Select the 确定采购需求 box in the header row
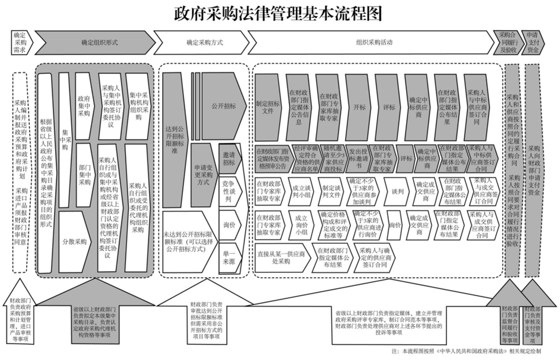(x=20, y=43)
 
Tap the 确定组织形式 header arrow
(x=95, y=43)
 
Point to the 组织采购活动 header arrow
(x=373, y=43)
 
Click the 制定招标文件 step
(x=269, y=106)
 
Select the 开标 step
(x=359, y=107)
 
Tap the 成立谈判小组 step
(x=298, y=191)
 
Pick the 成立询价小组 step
(x=298, y=225)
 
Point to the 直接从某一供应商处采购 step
(x=281, y=259)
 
